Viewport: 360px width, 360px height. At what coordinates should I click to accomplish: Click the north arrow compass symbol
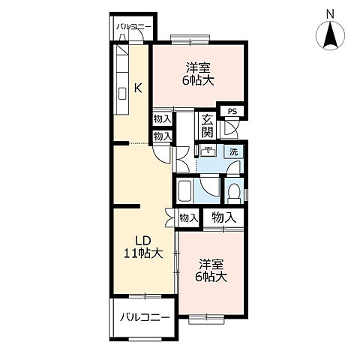pyautogui.click(x=330, y=35)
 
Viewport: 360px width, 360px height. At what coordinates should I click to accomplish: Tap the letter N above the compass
pyautogui.click(x=331, y=14)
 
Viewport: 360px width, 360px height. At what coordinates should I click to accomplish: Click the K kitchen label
pyautogui.click(x=138, y=88)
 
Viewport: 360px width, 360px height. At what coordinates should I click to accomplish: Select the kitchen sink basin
pyautogui.click(x=122, y=94)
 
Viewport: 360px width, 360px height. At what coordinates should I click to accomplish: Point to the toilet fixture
pyautogui.click(x=234, y=193)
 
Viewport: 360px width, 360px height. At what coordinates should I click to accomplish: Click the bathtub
pyautogui.click(x=184, y=190)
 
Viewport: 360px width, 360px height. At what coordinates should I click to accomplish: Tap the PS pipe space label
pyautogui.click(x=232, y=111)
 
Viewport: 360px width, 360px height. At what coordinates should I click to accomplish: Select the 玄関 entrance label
pyautogui.click(x=208, y=126)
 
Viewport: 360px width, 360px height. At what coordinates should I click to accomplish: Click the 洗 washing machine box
pyautogui.click(x=233, y=151)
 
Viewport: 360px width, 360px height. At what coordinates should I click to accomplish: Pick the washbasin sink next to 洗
pyautogui.click(x=208, y=151)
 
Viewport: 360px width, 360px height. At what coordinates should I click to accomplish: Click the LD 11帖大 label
pyautogui.click(x=143, y=247)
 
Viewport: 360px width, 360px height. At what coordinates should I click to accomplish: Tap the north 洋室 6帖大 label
pyautogui.click(x=198, y=74)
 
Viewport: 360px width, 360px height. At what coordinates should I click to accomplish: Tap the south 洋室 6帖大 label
pyautogui.click(x=211, y=271)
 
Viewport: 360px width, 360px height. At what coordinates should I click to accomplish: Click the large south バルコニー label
pyautogui.click(x=145, y=318)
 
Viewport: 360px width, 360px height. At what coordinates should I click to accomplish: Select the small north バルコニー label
pyautogui.click(x=134, y=26)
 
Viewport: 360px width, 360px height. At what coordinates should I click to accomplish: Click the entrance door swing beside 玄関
pyautogui.click(x=231, y=128)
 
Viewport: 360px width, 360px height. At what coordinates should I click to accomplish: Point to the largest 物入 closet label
pyautogui.click(x=223, y=217)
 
